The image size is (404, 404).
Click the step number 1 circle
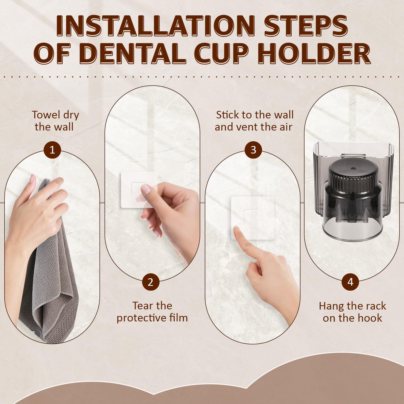pyautogui.click(x=52, y=150)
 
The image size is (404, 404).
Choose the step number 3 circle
pyautogui.click(x=254, y=150)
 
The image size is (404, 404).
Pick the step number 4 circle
pyautogui.click(x=350, y=282)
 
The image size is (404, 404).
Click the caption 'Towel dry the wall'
pyautogui.click(x=55, y=121)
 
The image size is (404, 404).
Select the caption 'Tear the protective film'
pyautogui.click(x=152, y=312)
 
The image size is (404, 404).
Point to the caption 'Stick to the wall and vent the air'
pyautogui.click(x=254, y=121)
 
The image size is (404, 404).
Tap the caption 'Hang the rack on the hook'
pyautogui.click(x=352, y=312)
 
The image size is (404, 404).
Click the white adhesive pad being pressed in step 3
pyautogui.click(x=253, y=218)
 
